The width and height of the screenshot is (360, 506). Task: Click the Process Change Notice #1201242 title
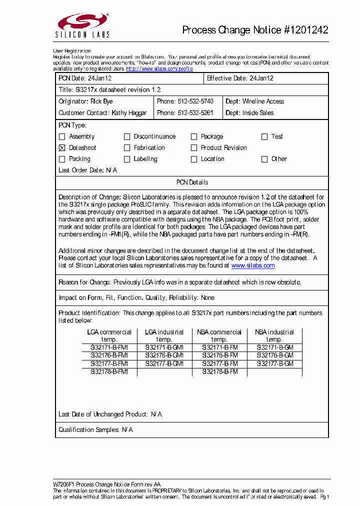(255, 30)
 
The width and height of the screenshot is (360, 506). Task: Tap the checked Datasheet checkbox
(62, 148)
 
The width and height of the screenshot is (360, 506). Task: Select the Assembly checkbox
(62, 136)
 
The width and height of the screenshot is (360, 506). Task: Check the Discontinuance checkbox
(127, 136)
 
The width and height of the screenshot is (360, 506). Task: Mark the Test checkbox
(264, 136)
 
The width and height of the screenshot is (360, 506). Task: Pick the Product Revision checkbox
(194, 148)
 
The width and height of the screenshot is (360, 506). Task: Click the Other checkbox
(264, 159)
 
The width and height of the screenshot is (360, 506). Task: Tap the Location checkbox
(194, 159)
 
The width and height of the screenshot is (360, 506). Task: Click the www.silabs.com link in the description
(252, 266)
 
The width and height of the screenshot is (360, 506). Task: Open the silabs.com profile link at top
(159, 69)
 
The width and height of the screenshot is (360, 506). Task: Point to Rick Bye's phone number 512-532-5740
(195, 101)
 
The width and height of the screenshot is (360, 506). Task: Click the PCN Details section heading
(192, 182)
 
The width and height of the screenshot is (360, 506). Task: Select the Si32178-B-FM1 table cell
(109, 372)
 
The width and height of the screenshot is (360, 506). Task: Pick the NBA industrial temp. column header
(274, 335)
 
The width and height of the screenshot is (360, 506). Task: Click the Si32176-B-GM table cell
(274, 355)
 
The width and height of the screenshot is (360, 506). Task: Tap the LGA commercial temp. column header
(109, 335)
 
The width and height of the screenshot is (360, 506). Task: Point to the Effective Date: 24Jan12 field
(240, 78)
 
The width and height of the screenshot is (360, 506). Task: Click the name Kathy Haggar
(129, 113)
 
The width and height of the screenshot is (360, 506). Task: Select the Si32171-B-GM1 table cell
(164, 347)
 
